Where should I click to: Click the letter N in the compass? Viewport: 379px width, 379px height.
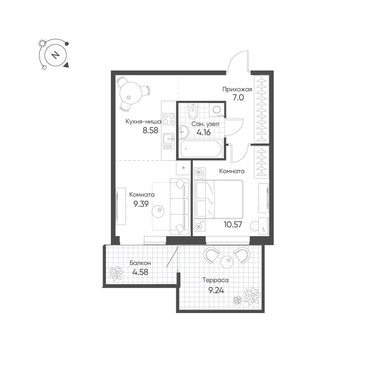coord(56,55)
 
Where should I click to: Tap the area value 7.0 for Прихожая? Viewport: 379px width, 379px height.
coord(238,98)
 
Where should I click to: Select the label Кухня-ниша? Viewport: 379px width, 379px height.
coord(143,122)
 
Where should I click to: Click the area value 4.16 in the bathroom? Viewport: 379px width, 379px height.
coord(204,132)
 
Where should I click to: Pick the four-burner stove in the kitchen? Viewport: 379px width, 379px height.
coord(169,119)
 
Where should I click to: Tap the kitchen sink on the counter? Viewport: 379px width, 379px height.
coord(169,141)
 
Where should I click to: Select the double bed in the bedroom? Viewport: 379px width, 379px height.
coord(219,199)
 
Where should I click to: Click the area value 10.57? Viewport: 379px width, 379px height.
coord(233,224)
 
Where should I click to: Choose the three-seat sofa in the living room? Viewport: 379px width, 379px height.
coord(180,206)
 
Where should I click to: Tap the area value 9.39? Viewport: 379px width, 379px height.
coord(141,204)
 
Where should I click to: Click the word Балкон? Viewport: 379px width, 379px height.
coord(140,263)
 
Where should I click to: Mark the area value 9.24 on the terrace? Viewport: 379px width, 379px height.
coord(216,290)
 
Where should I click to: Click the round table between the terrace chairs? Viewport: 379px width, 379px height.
coord(227,262)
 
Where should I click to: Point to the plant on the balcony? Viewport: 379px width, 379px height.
coord(116,273)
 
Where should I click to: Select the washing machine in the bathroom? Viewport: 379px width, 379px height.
coord(216,110)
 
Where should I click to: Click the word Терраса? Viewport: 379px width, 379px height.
coord(215,280)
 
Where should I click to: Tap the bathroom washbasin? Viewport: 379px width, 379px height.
coord(185,132)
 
